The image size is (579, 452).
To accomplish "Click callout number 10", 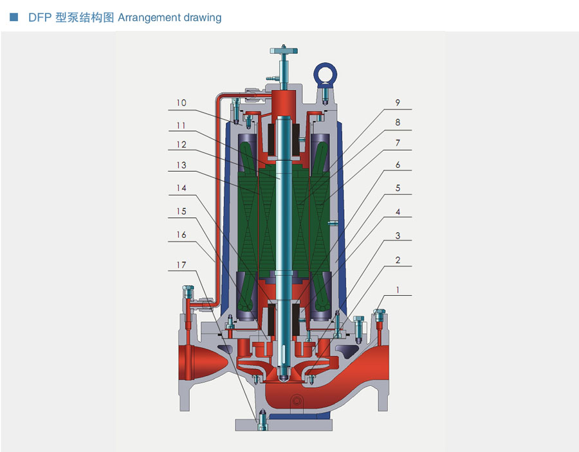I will pyautogui.click(x=181, y=103).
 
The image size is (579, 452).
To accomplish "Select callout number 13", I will pyautogui.click(x=181, y=165).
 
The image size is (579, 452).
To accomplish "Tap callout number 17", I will pyautogui.click(x=181, y=265).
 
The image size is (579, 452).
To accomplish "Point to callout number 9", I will pyautogui.click(x=398, y=102).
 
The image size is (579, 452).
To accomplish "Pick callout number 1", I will pyautogui.click(x=398, y=290).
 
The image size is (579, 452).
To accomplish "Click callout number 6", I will pyautogui.click(x=398, y=165).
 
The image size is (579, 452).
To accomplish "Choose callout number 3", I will pyautogui.click(x=398, y=236).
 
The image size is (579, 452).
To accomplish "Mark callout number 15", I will pyautogui.click(x=181, y=212).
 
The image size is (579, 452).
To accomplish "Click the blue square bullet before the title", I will pyautogui.click(x=14, y=17).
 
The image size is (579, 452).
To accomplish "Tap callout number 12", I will pyautogui.click(x=181, y=145).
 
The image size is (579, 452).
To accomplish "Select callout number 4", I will pyautogui.click(x=398, y=212).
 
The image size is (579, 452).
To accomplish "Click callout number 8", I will pyautogui.click(x=398, y=122).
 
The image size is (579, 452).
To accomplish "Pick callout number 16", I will pyautogui.click(x=181, y=235).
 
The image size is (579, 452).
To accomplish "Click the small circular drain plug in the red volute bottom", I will pyautogui.click(x=297, y=399).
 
